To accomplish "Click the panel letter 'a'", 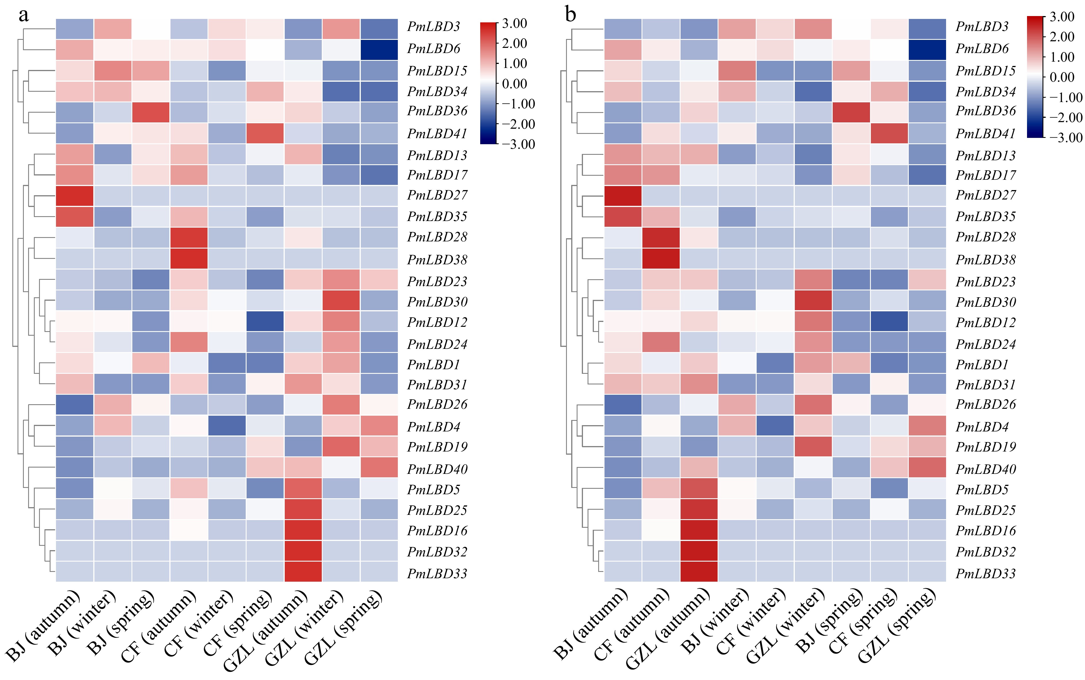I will pos(24,15).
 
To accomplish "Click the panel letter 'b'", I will pos(570,15).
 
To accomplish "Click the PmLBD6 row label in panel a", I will pos(433,48).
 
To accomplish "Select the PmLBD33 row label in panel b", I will pos(985,573).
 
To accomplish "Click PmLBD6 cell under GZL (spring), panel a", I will pos(379,50).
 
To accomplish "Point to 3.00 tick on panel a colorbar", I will pos(514,24).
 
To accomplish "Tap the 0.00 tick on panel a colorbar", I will pos(514,84).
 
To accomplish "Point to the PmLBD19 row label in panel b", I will pos(985,447).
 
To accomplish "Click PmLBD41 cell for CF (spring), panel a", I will pos(265,133).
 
